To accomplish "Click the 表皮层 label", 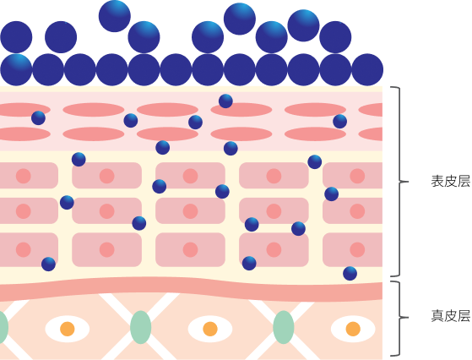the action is point(450,182).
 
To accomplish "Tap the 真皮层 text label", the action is point(450,316).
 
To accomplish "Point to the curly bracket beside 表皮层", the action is point(399,182).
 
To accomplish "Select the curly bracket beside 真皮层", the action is point(399,318).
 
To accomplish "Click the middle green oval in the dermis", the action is point(140,327).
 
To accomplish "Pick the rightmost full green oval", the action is point(284,327).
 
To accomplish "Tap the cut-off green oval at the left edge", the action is point(3,327).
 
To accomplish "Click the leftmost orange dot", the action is point(68,329).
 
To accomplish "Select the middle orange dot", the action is point(210,329).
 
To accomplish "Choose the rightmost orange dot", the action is point(353,329).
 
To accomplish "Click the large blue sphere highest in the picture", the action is point(114,16).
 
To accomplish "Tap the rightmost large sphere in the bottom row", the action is point(367,69).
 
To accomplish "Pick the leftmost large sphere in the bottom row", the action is point(16,69).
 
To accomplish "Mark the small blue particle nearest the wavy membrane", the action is point(350,274).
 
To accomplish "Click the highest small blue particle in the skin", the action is point(225,101).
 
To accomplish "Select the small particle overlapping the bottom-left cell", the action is point(48,265).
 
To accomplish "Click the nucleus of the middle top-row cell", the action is point(190,176).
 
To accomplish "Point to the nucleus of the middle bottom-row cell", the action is point(190,250).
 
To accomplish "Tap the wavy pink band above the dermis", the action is point(191,289).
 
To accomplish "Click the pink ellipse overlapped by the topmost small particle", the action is point(241,110).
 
